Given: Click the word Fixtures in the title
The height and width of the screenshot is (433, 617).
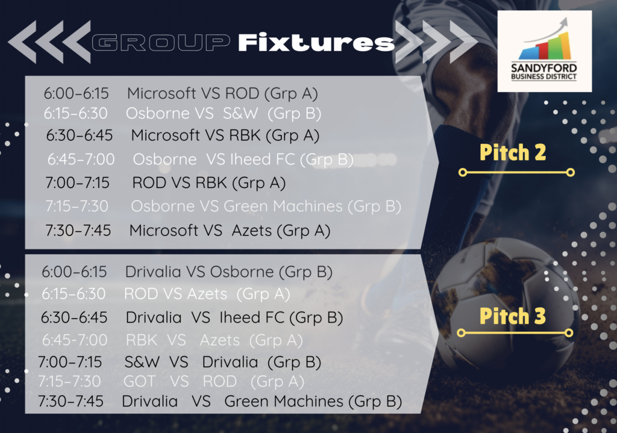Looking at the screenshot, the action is pyautogui.click(x=316, y=43).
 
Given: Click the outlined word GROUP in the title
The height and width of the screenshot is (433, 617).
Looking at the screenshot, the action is pyautogui.click(x=161, y=43).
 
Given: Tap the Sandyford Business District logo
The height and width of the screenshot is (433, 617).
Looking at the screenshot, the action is pyautogui.click(x=544, y=51).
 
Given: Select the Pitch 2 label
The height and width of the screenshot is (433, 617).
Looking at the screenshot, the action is pyautogui.click(x=513, y=152).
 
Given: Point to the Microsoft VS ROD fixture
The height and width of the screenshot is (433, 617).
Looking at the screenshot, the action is pyautogui.click(x=222, y=93).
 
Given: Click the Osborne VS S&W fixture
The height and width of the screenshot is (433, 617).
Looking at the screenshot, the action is pyautogui.click(x=224, y=114).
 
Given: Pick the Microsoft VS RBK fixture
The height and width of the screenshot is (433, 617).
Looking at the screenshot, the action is pyautogui.click(x=225, y=136).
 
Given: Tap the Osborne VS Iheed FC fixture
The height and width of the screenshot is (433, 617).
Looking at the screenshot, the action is pyautogui.click(x=243, y=160).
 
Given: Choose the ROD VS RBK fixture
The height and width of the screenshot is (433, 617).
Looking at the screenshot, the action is pyautogui.click(x=208, y=183).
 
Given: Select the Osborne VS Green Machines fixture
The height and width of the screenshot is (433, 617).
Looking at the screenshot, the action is pyautogui.click(x=266, y=207).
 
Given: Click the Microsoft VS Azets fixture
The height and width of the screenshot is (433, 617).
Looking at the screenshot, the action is pyautogui.click(x=230, y=231).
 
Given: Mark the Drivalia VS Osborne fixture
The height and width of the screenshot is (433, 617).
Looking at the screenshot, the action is pyautogui.click(x=228, y=272).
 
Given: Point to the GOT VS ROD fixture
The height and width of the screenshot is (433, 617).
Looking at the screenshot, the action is pyautogui.click(x=214, y=381).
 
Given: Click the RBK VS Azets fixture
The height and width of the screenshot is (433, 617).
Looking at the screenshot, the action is pyautogui.click(x=214, y=341).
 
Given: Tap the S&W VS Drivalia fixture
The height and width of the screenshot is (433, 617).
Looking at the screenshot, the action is pyautogui.click(x=223, y=362).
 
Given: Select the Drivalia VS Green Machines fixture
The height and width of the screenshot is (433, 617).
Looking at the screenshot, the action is pyautogui.click(x=262, y=402).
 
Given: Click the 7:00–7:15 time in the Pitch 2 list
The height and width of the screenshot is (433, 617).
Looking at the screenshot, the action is pyautogui.click(x=78, y=183).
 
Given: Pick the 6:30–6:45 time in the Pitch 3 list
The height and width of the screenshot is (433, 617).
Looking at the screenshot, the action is pyautogui.click(x=74, y=318).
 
